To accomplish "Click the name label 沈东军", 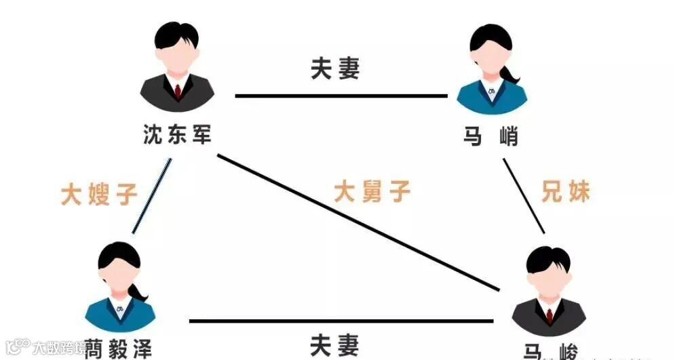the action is coord(178,134).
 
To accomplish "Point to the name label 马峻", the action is coord(550,351).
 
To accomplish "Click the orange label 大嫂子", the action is coord(99,194).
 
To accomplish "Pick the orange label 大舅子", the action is coord(372,192).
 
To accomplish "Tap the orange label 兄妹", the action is coord(565,192).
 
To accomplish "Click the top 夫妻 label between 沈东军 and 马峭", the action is coord(334,68).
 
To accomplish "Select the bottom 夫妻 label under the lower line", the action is coord(334,346).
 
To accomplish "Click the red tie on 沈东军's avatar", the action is coord(178,91).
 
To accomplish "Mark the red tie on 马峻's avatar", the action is coord(549,315).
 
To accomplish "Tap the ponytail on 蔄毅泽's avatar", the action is coord(140,292).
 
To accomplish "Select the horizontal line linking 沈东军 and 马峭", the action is coord(341,96).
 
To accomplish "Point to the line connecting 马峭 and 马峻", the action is coord(524,195).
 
